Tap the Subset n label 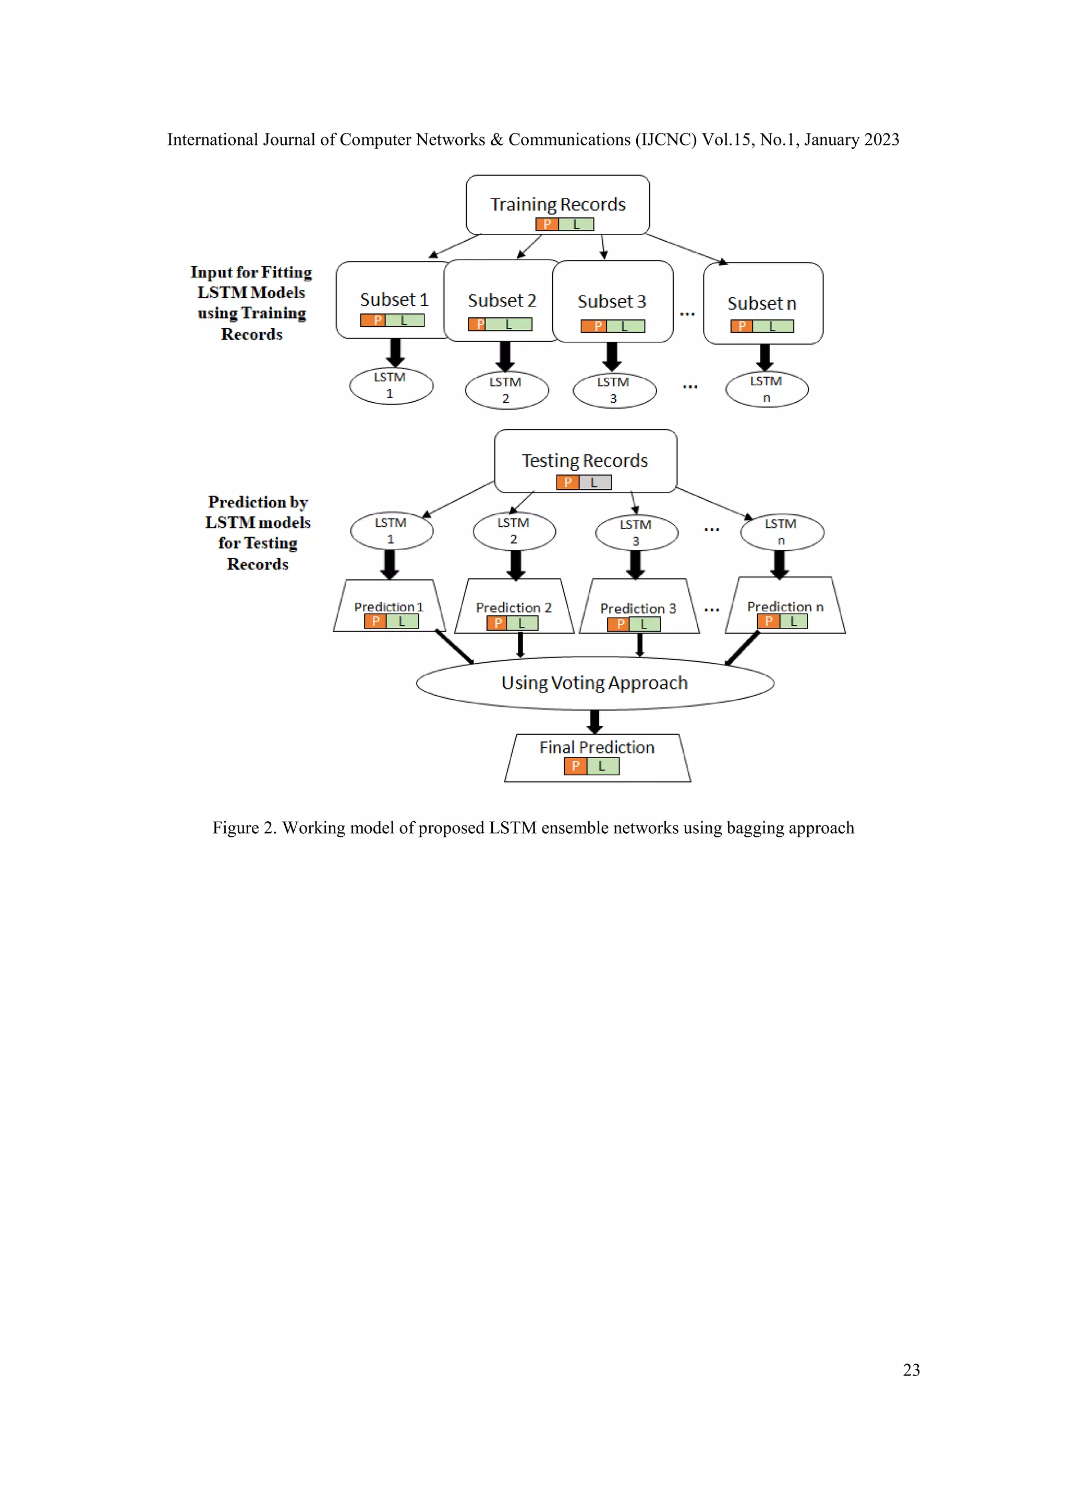point(761,304)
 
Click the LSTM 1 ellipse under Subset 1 point(391,386)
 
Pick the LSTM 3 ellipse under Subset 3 point(614,390)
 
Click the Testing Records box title point(585,461)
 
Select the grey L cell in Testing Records point(594,483)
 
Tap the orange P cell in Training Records point(547,224)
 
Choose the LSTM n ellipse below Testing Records point(781,531)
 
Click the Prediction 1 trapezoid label point(388,607)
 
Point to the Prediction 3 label point(638,609)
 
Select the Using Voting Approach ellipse point(594,683)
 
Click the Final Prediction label point(597,747)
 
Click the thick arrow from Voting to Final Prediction point(595,721)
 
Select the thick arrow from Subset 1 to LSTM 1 point(395,352)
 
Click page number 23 point(911,1370)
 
